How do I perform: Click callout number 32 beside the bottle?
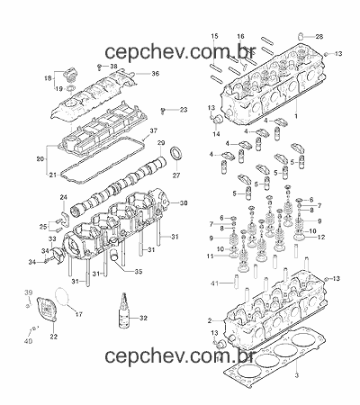143,318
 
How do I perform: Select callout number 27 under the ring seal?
176,175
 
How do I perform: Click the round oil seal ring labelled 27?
176,153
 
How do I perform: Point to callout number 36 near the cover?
155,74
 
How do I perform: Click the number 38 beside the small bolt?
113,66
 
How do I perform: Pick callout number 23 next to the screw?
183,110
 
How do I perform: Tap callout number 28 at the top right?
319,37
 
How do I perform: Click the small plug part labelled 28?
301,36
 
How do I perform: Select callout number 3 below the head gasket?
297,375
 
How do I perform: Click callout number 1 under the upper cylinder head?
296,116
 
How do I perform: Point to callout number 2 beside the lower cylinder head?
210,320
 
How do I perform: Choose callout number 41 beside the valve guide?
214,283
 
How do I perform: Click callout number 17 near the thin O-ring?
78,314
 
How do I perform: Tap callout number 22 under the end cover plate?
53,337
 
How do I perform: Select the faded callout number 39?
28,292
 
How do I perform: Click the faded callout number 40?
28,341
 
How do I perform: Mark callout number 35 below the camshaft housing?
139,272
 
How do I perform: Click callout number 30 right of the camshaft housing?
184,203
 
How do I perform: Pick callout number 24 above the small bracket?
64,197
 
